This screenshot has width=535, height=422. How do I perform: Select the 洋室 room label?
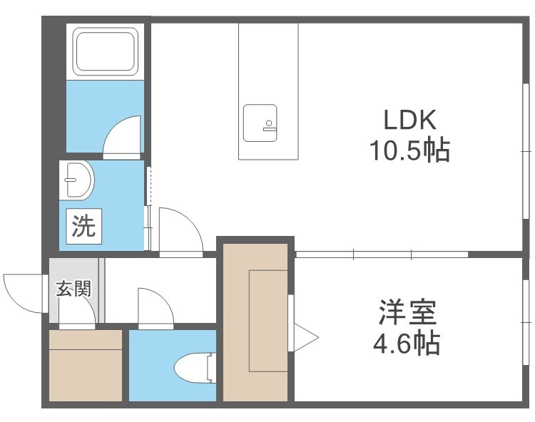[407, 313]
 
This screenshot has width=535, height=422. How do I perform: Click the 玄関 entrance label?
[73, 289]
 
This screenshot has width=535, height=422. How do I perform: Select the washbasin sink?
[78, 179]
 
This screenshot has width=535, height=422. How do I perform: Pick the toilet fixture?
[195, 367]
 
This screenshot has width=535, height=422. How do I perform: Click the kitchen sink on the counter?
[260, 123]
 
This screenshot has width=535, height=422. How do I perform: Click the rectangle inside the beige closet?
[267, 321]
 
